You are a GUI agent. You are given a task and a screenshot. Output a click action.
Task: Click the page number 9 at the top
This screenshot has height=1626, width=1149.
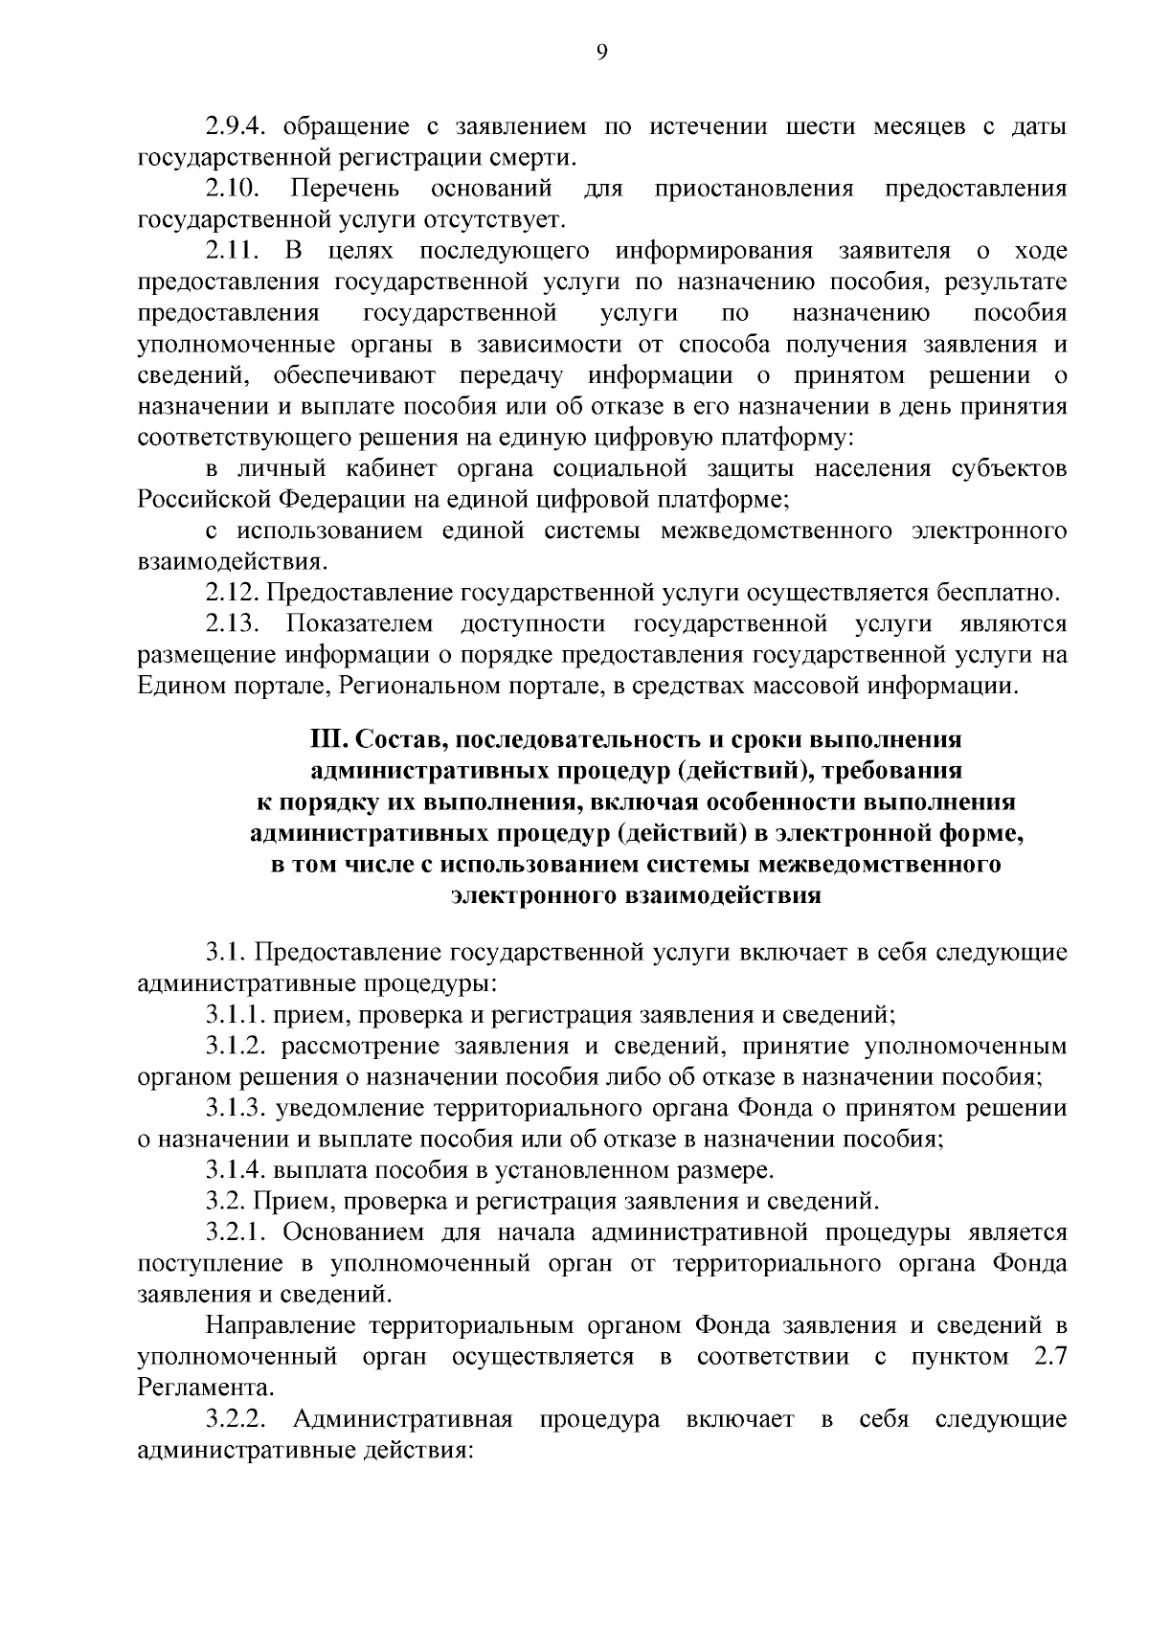[x=601, y=54]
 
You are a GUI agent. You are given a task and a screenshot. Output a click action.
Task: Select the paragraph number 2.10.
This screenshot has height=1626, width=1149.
[x=231, y=190]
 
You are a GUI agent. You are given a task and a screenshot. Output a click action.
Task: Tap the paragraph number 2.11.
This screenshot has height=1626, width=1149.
[x=231, y=252]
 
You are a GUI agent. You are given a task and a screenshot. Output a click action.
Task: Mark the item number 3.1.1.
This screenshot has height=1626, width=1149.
[x=237, y=1015]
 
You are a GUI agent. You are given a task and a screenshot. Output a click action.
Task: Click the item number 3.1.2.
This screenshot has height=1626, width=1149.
[x=237, y=1047]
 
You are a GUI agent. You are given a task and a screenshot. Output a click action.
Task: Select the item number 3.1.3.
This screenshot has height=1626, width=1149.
[x=237, y=1109]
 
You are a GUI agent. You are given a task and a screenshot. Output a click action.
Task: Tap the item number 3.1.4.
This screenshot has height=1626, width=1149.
[x=237, y=1170]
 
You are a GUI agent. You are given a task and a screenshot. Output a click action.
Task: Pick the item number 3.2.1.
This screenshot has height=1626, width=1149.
[x=237, y=1232]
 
